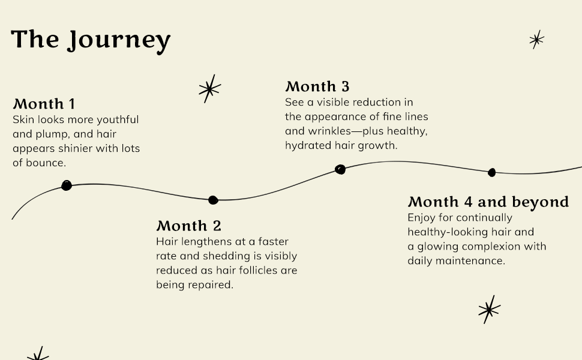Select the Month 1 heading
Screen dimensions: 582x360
click(x=44, y=104)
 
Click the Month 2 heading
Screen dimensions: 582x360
click(x=188, y=226)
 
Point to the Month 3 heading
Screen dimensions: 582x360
click(x=317, y=86)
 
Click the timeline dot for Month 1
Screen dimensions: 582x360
click(x=67, y=185)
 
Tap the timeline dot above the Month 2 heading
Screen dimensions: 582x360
click(x=212, y=200)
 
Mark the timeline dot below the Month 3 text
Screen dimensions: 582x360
click(x=340, y=170)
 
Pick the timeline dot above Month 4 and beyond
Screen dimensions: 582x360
click(x=492, y=173)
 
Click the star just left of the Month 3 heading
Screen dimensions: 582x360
click(x=209, y=89)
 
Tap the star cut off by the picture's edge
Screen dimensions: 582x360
click(x=38, y=354)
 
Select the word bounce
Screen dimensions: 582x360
click(x=46, y=163)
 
